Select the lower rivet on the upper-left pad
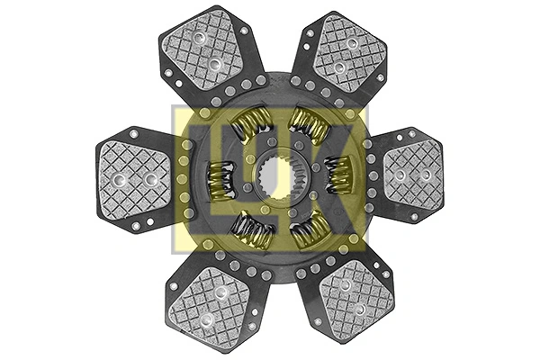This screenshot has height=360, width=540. pos(214,64)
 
